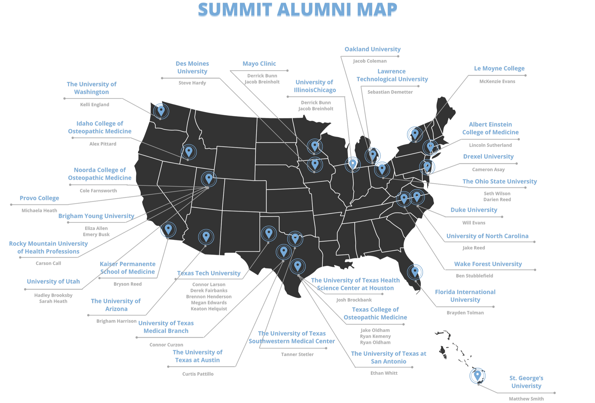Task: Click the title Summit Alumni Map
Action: (297, 10)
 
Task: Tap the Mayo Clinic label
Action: (259, 64)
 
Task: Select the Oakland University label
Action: (372, 49)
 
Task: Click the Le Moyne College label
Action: (499, 69)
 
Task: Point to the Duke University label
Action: (474, 210)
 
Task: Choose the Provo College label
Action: (40, 198)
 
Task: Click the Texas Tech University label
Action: (209, 273)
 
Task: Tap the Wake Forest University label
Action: (488, 264)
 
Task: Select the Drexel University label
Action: (488, 157)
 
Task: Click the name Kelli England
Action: (94, 105)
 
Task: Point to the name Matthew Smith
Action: (526, 399)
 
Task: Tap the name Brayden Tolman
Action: (465, 313)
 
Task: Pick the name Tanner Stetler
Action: (297, 354)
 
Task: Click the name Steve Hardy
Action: (192, 83)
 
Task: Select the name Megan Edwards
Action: (209, 303)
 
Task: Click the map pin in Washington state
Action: (161, 111)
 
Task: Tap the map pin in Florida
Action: (415, 271)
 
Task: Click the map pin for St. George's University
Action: (477, 375)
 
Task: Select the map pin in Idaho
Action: (189, 152)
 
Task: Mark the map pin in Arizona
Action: (206, 237)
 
